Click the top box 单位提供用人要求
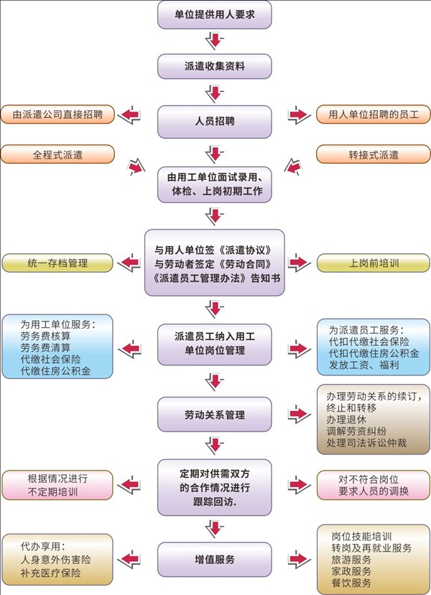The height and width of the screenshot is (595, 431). click(x=214, y=14)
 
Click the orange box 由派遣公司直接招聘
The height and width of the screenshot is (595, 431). click(x=57, y=114)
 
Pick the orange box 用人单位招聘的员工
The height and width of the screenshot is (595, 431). click(x=373, y=114)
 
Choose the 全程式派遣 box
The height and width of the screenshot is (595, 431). click(x=57, y=154)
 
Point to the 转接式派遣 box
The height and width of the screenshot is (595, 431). click(x=373, y=154)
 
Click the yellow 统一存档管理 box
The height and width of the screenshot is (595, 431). click(x=57, y=263)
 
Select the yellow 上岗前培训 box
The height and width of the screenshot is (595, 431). click(x=373, y=263)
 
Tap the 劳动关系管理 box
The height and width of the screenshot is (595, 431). click(x=214, y=415)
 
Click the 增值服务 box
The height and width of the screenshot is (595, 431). click(x=214, y=558)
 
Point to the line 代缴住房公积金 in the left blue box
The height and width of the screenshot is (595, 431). click(x=55, y=371)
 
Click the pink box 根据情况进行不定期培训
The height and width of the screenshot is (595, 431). click(x=57, y=486)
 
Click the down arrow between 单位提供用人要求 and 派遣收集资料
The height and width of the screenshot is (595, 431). click(x=214, y=40)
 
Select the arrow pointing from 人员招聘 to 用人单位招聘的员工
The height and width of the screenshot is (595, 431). click(x=297, y=115)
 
